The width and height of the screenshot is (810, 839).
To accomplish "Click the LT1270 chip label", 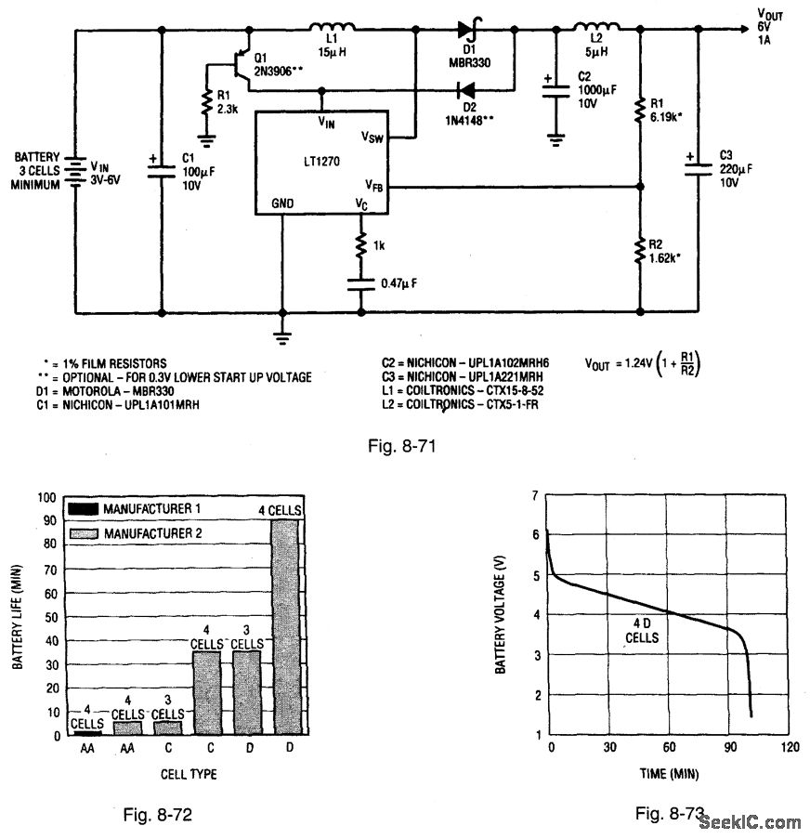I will [320, 161].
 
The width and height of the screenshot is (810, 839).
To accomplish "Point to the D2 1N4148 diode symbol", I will [464, 91].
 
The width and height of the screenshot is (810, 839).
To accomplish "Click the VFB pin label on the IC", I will [374, 186].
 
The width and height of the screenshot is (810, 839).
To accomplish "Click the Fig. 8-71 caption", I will [402, 446].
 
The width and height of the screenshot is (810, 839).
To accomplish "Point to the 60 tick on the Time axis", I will [669, 748].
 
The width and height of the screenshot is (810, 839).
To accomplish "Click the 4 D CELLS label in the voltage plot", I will [641, 631].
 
